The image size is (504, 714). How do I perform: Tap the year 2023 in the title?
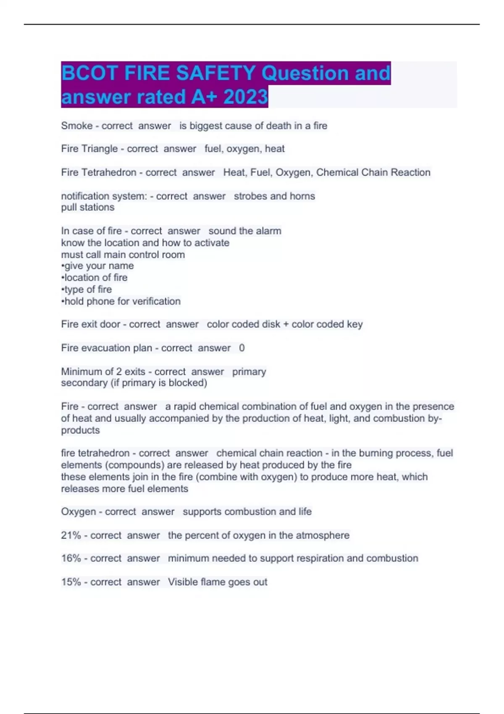click(246, 97)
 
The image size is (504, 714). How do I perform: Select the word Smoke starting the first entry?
click(76, 126)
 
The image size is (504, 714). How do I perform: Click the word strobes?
click(250, 196)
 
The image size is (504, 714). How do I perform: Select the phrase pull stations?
click(87, 207)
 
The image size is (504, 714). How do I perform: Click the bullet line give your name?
click(97, 266)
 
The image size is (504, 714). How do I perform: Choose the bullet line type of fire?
click(87, 289)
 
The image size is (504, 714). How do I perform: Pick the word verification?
click(156, 301)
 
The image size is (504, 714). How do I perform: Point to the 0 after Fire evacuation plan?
click(241, 348)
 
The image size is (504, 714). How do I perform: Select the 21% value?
click(71, 535)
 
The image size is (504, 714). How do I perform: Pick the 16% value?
click(71, 558)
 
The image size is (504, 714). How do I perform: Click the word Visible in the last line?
click(183, 582)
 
